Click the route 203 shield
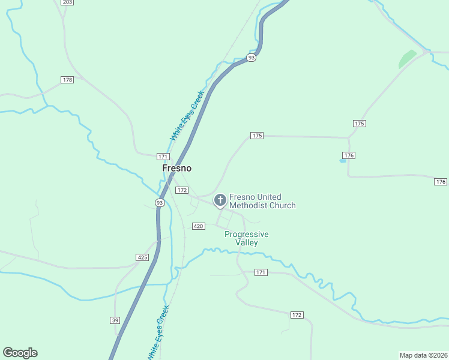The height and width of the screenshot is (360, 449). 67,2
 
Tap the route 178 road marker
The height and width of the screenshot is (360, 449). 67,80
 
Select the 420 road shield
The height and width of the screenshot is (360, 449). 199,226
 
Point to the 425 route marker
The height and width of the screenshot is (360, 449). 142,257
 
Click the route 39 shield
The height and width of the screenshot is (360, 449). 115,320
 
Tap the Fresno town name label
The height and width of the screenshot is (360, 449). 176,169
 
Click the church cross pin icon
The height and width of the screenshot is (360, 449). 220,200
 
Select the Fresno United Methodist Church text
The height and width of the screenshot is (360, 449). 262,201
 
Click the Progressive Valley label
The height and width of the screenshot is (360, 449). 246,238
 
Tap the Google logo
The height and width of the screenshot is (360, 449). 20,353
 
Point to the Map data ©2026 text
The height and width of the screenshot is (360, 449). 423,355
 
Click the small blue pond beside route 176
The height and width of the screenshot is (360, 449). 343,160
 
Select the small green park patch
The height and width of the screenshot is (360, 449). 408,58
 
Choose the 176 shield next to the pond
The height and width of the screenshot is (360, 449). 349,155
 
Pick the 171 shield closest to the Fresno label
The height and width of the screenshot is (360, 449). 163,157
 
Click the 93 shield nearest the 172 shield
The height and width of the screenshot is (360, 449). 160,203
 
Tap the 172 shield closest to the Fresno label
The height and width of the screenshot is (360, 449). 182,190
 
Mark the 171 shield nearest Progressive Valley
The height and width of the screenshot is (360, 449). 260,272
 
